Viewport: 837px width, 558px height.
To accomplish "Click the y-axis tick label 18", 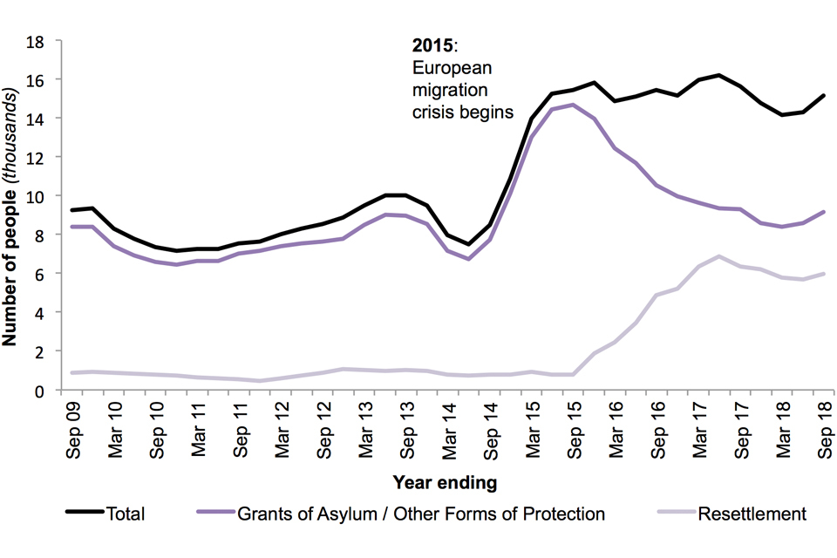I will coord(40,40).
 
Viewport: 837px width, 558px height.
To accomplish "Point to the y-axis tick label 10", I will coord(40,195).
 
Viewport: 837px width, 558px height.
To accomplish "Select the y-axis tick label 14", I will coord(40,118).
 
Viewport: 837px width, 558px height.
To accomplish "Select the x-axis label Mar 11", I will coord(199,425).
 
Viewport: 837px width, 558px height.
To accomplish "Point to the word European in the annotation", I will coord(443,71).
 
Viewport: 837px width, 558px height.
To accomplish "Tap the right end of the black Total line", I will coord(824,96).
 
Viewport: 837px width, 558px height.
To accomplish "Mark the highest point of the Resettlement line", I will coord(718,256).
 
